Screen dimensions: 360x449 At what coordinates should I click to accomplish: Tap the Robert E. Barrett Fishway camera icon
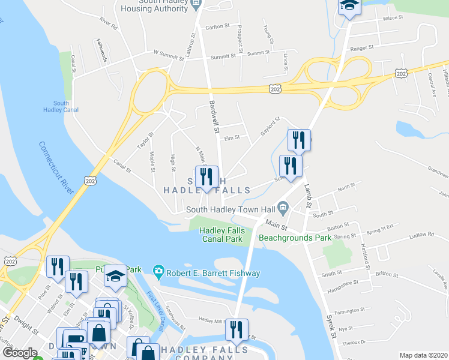coord(159,273)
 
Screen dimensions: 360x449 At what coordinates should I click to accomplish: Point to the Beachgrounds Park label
coord(295,238)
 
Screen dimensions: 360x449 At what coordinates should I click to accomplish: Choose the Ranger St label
coord(362,46)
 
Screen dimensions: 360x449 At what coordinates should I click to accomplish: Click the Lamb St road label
coord(309,195)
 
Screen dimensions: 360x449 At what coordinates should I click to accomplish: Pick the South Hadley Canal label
coord(56,106)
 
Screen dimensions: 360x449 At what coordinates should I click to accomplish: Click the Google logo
coord(19,353)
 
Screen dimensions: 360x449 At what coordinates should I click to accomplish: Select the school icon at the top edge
coord(349,8)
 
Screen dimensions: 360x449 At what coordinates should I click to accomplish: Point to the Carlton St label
coord(218,26)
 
